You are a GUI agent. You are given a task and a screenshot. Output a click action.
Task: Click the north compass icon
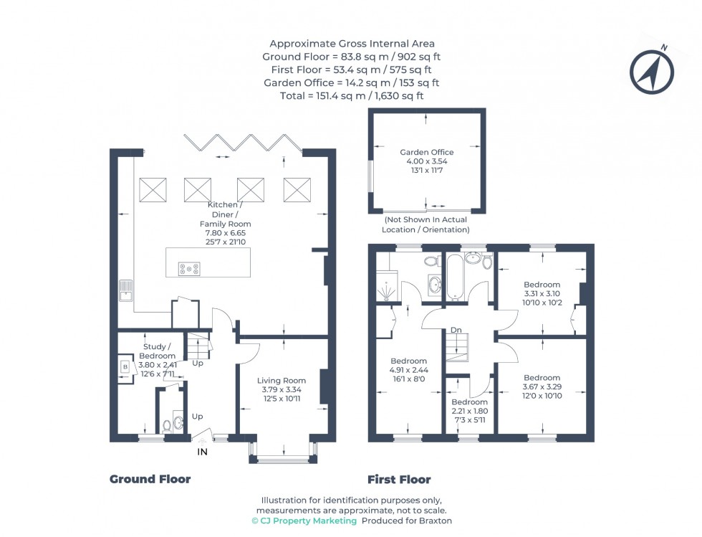[651, 70]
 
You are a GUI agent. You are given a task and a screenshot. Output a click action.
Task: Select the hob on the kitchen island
[189, 269]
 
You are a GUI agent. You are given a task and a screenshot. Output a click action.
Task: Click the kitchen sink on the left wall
[126, 290]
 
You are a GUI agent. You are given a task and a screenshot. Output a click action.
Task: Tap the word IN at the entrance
[203, 452]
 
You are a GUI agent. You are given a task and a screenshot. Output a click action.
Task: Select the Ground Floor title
[150, 479]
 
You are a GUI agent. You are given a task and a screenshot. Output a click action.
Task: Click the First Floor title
[399, 479]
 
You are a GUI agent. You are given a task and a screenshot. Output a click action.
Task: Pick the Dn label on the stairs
[456, 331]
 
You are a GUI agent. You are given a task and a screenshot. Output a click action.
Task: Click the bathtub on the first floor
[456, 276]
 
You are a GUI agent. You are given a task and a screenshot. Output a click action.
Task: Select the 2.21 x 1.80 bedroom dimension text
[469, 412]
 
